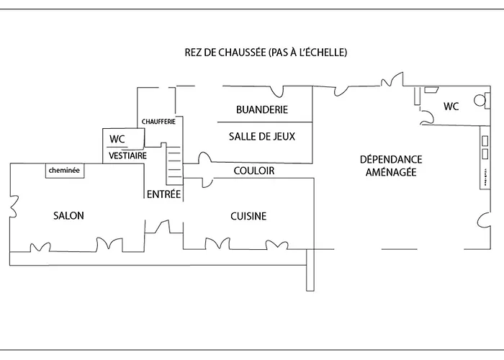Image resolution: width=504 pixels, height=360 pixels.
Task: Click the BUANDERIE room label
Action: (262, 110)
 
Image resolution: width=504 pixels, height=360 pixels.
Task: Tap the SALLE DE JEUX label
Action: (261, 136)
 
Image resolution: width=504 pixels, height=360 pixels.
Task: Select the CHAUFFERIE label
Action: (159, 121)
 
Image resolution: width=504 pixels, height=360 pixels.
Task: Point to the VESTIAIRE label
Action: (128, 156)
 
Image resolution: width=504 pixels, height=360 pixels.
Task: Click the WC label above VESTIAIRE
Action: (116, 139)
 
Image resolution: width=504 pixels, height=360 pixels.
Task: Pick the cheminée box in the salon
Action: (64, 171)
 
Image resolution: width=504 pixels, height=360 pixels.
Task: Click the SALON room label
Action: (68, 216)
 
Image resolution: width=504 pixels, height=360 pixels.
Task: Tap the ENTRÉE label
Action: (164, 194)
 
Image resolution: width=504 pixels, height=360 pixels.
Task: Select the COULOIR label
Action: (254, 171)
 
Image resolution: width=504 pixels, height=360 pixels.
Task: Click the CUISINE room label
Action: (248, 216)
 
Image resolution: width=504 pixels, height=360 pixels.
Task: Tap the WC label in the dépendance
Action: (451, 107)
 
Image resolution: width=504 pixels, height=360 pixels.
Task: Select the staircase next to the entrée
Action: (173, 162)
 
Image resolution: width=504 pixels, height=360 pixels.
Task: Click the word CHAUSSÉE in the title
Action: (242, 53)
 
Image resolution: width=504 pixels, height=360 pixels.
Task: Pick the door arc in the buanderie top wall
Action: (278, 91)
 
